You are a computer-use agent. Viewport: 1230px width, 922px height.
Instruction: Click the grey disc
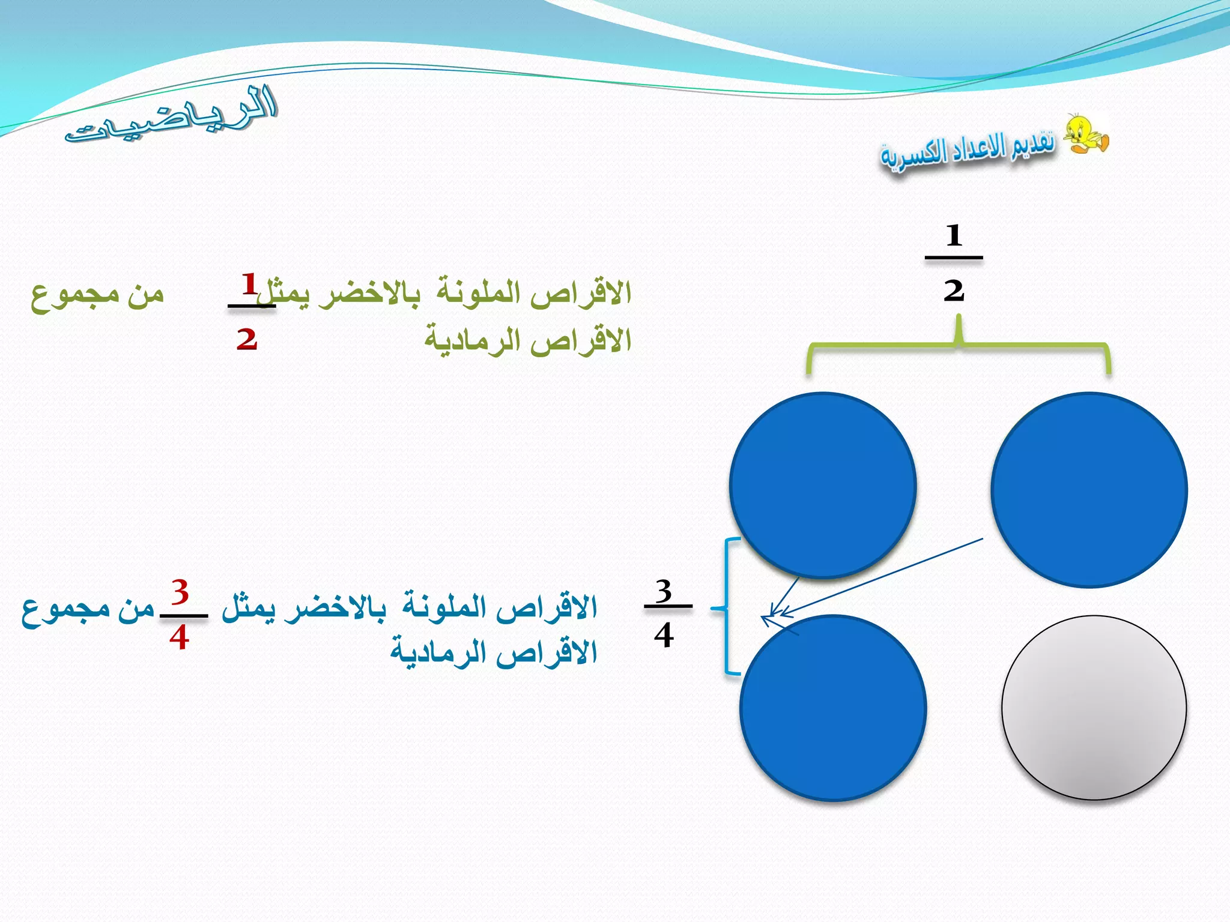coord(1094,708)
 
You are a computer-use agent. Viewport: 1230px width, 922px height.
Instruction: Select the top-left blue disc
coord(823,485)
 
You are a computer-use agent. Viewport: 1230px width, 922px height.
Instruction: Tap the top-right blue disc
coord(1089,489)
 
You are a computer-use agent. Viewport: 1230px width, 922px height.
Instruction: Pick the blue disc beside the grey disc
coord(833,708)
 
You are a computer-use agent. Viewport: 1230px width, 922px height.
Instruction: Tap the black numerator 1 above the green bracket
coord(954,235)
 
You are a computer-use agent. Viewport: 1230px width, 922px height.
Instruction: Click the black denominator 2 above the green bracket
coord(953,291)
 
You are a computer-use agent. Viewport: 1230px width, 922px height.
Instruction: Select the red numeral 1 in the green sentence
coord(249,283)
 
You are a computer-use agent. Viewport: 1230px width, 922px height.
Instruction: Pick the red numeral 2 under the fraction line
coord(247,339)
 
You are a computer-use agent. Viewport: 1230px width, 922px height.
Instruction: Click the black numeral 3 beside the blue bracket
coord(664,591)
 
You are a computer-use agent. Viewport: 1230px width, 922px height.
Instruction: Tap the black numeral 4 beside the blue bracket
coord(664,634)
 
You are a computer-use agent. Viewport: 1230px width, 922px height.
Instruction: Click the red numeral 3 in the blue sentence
coord(180,592)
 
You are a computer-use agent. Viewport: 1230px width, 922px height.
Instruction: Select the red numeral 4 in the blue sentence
coord(179,637)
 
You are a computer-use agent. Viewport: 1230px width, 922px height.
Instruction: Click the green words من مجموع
coord(97,294)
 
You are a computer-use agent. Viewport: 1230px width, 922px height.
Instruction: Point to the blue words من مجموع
coord(88,610)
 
